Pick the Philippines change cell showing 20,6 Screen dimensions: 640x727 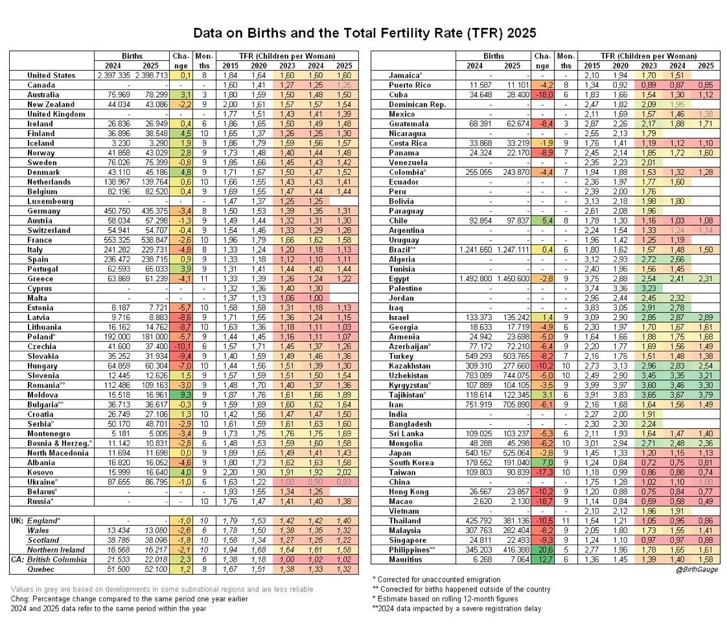[x=542, y=550]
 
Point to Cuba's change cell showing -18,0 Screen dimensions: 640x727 [x=542, y=95]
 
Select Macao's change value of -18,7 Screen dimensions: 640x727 [x=542, y=501]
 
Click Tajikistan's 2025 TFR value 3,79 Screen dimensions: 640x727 [x=706, y=414]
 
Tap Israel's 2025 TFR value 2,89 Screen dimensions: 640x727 [x=706, y=317]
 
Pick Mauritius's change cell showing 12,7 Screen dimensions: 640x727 [x=542, y=560]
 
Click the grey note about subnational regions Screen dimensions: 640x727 [x=162, y=589]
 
